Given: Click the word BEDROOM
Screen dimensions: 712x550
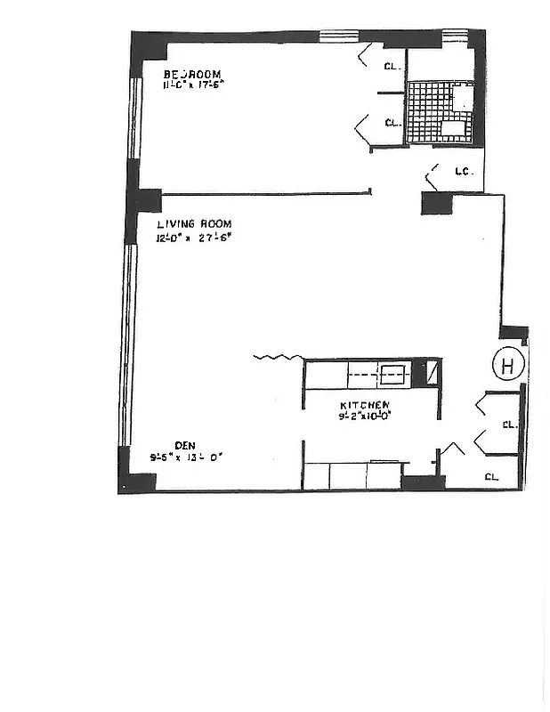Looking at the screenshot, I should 192,74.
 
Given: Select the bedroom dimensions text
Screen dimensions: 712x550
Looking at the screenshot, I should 192,85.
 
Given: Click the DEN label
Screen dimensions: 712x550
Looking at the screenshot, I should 184,446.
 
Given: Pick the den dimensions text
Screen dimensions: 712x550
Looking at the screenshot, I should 185,458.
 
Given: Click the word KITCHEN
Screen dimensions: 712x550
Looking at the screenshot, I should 364,403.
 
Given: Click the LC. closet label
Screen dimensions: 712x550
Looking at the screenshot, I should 462,171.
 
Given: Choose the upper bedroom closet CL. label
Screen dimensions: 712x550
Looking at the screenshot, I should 392,65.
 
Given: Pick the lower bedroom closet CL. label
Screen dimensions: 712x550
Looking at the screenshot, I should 392,123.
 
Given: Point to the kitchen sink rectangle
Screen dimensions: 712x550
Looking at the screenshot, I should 393,375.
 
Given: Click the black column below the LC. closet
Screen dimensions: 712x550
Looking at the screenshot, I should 437,204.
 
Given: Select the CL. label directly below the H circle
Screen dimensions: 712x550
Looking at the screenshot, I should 509,425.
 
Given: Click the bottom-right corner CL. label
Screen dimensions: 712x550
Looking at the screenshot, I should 492,476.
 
